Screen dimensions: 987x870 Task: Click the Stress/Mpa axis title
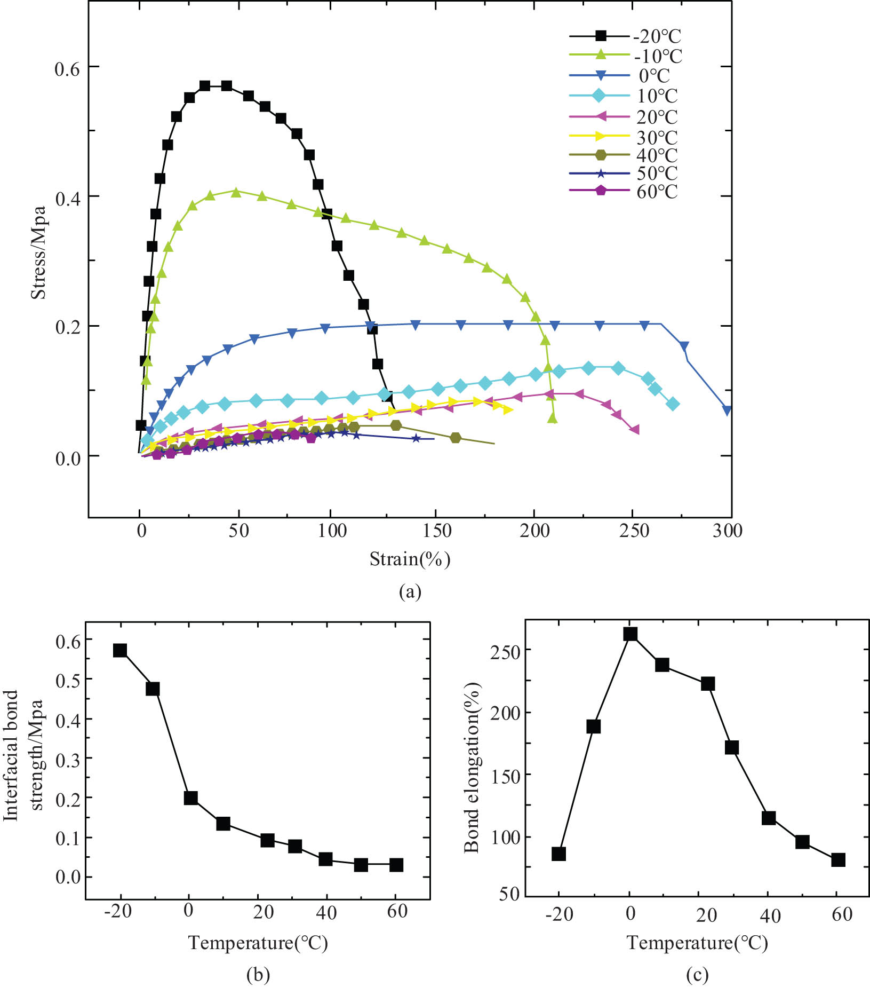[38, 252]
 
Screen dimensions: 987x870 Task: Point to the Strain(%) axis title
[410, 559]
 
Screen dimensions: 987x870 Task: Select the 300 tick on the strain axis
[728, 531]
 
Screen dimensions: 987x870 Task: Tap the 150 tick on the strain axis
[437, 531]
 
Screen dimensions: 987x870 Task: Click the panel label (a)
[410, 591]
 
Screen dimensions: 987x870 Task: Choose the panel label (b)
[258, 974]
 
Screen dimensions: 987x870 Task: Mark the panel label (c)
[697, 974]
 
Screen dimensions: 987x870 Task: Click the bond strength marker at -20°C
[120, 650]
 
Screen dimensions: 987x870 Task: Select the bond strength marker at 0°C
[190, 798]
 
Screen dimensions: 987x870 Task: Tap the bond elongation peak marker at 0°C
[630, 634]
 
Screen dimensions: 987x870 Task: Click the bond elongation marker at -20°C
[558, 854]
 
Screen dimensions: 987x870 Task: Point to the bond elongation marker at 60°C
[838, 859]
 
